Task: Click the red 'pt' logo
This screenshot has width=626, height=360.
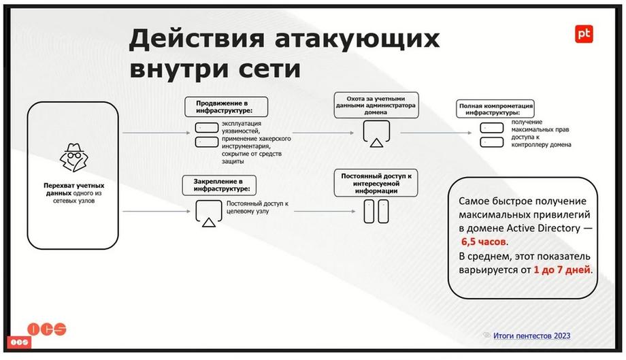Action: (x=584, y=34)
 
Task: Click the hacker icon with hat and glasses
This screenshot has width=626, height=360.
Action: (x=74, y=157)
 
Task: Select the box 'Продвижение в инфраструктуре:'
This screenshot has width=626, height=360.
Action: (x=226, y=107)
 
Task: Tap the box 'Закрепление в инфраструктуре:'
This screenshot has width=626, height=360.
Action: (x=219, y=185)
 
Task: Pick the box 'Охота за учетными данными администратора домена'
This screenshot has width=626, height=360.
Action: (x=376, y=105)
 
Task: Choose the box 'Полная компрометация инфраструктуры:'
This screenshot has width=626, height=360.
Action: (x=495, y=109)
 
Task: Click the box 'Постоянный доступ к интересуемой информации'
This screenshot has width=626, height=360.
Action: (x=376, y=183)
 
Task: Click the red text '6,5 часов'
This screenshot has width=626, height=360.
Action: (x=484, y=242)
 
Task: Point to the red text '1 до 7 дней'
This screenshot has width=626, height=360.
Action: (x=562, y=269)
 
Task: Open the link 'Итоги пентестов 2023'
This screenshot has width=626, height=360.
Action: (x=531, y=336)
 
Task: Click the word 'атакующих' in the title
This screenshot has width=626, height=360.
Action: (x=357, y=39)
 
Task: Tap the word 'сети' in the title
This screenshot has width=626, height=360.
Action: (x=269, y=69)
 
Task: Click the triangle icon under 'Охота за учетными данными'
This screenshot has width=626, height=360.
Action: (x=376, y=142)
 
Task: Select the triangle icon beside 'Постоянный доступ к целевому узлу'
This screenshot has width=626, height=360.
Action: (x=209, y=222)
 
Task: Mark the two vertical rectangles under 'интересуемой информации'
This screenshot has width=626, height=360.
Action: (x=376, y=211)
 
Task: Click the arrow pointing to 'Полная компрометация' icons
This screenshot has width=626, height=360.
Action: (x=435, y=133)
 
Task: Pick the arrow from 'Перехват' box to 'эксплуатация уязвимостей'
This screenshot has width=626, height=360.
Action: (x=156, y=133)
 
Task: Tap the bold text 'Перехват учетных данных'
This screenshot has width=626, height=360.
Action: (x=74, y=189)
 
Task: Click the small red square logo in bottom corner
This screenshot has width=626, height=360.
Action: (x=19, y=342)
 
